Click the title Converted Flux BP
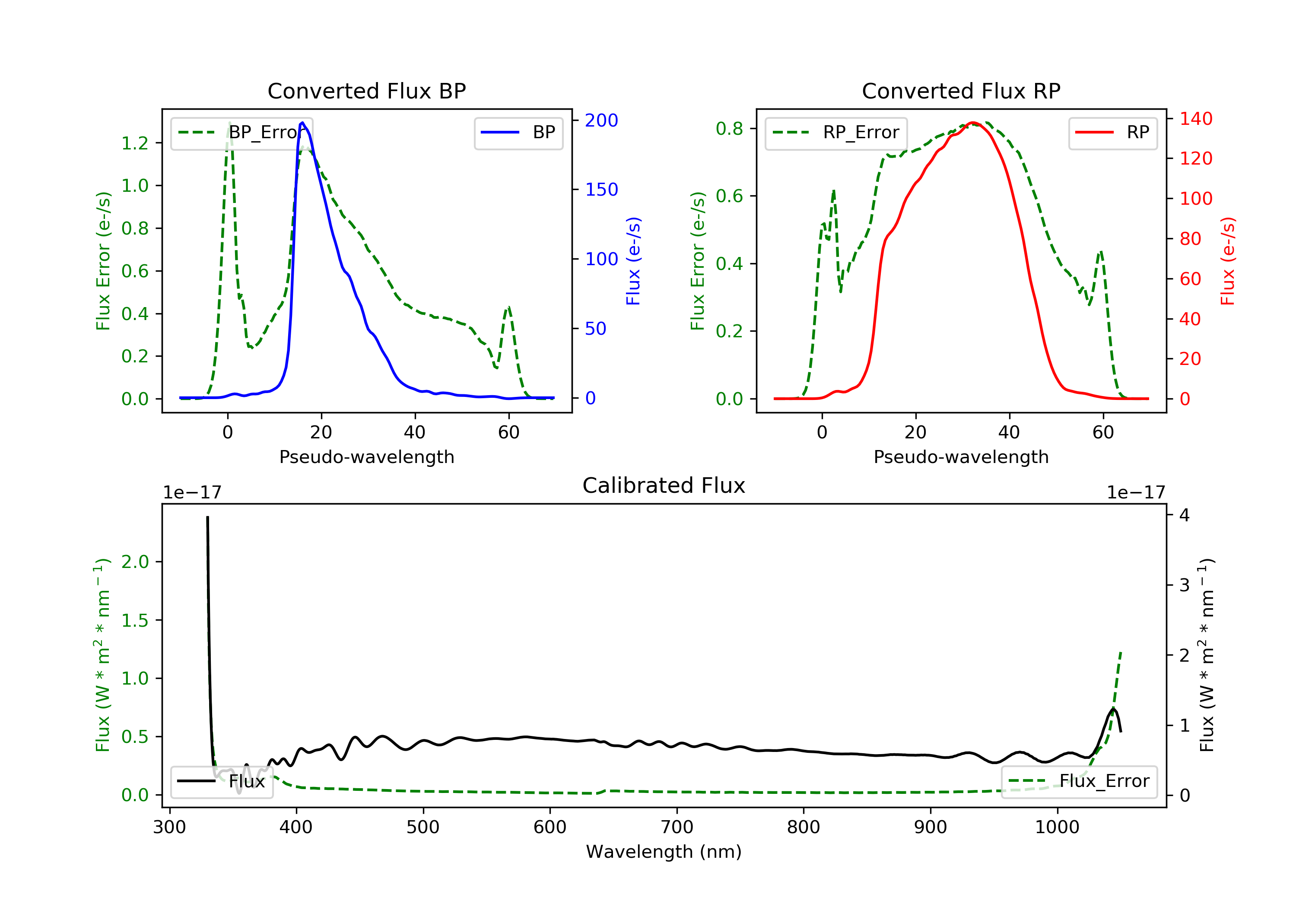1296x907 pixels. click(x=366, y=91)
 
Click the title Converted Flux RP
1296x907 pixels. click(x=961, y=91)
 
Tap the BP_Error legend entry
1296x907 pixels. click(x=241, y=133)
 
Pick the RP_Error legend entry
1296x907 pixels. click(x=836, y=133)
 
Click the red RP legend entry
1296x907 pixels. click(x=1112, y=133)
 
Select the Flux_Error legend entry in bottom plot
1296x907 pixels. click(x=1079, y=781)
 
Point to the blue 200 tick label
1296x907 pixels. click(x=601, y=120)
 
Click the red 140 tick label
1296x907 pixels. click(x=1195, y=119)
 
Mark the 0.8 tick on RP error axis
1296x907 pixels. click(x=729, y=129)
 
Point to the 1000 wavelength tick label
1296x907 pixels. click(x=1057, y=828)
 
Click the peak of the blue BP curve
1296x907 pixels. click(x=302, y=123)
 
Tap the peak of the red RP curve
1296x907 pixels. click(x=972, y=123)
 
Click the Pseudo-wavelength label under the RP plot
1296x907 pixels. click(x=961, y=457)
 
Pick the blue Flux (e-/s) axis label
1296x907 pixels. click(x=633, y=261)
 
